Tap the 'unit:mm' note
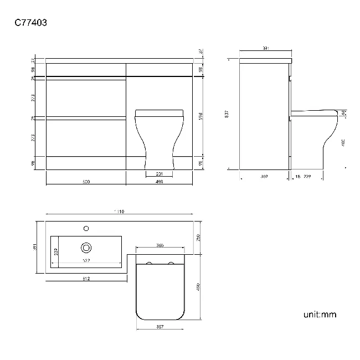pyautogui.click(x=320, y=315)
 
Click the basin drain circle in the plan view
pyautogui.click(x=86, y=248)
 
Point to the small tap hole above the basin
pyautogui.click(x=86, y=228)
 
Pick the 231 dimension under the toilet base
pyautogui.click(x=160, y=173)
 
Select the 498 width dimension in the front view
pyautogui.click(x=160, y=181)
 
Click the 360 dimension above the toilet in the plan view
pyautogui.click(x=160, y=245)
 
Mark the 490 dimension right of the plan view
pyautogui.click(x=198, y=287)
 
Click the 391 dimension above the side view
pyautogui.click(x=265, y=49)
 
